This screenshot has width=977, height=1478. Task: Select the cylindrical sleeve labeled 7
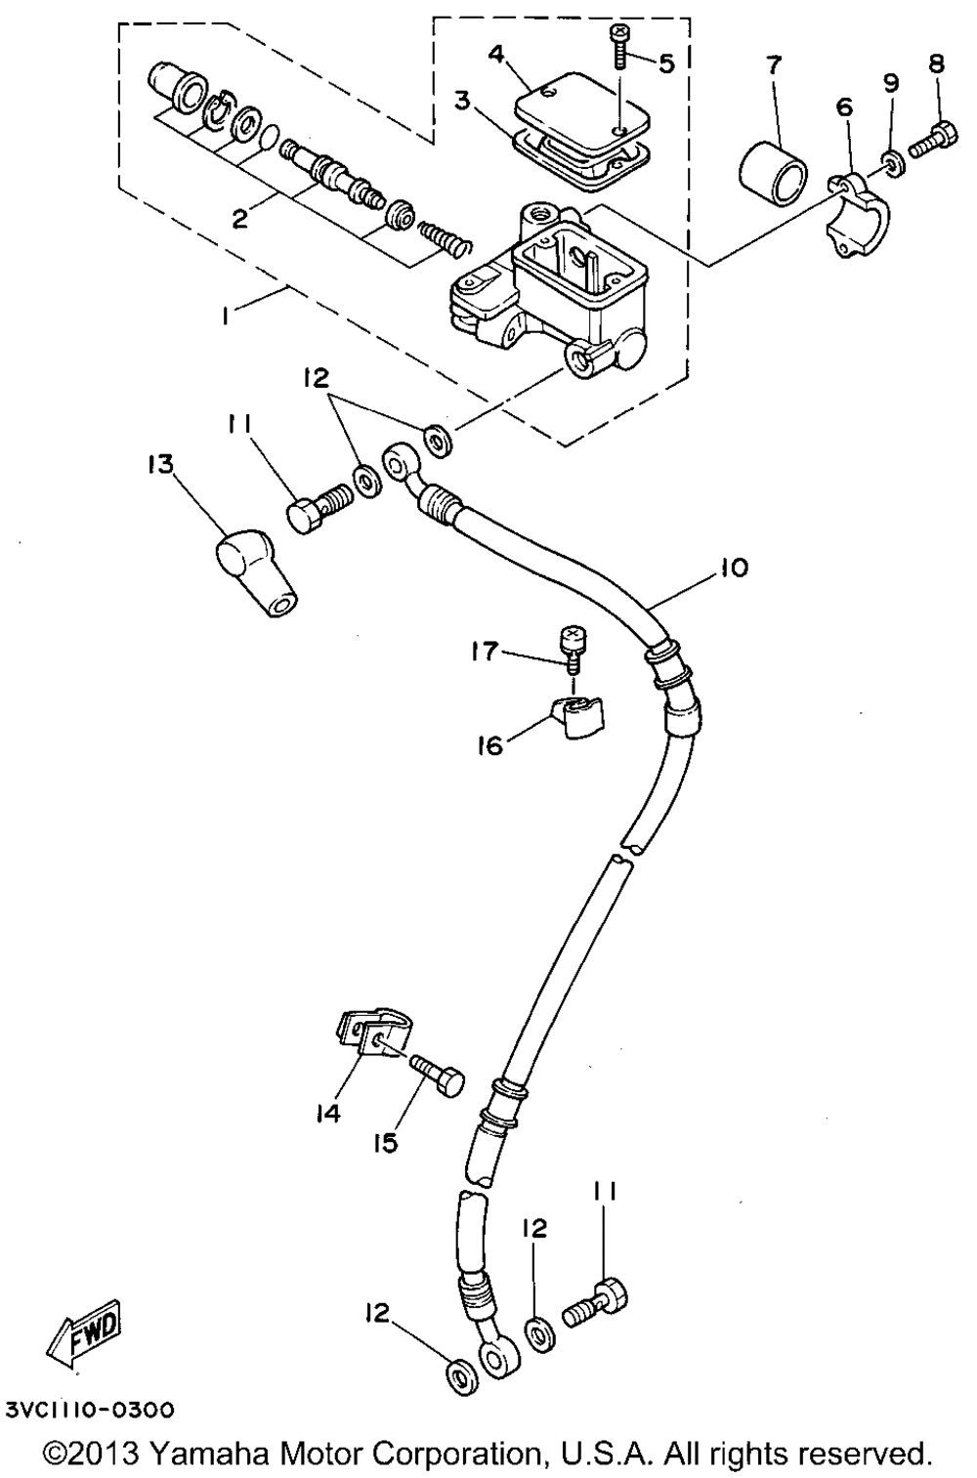click(772, 172)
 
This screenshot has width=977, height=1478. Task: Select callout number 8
click(936, 63)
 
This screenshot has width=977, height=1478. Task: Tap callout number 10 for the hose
click(734, 567)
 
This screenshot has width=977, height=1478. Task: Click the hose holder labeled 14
click(360, 1035)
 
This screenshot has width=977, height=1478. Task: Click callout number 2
click(238, 219)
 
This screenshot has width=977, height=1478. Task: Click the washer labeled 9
click(893, 160)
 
